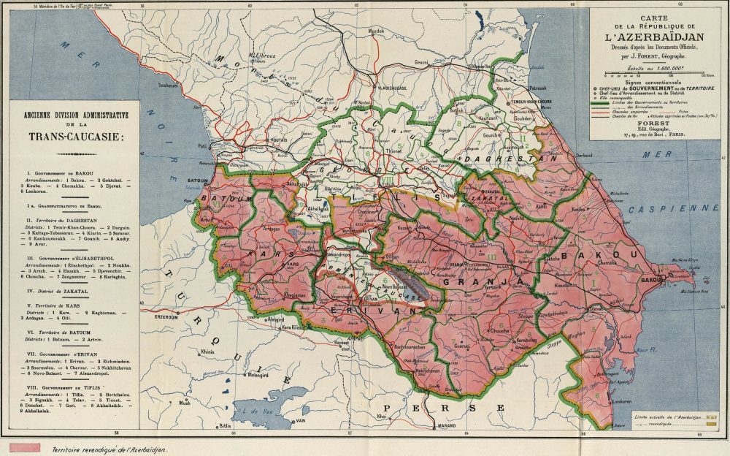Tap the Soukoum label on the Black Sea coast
point(168,85)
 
